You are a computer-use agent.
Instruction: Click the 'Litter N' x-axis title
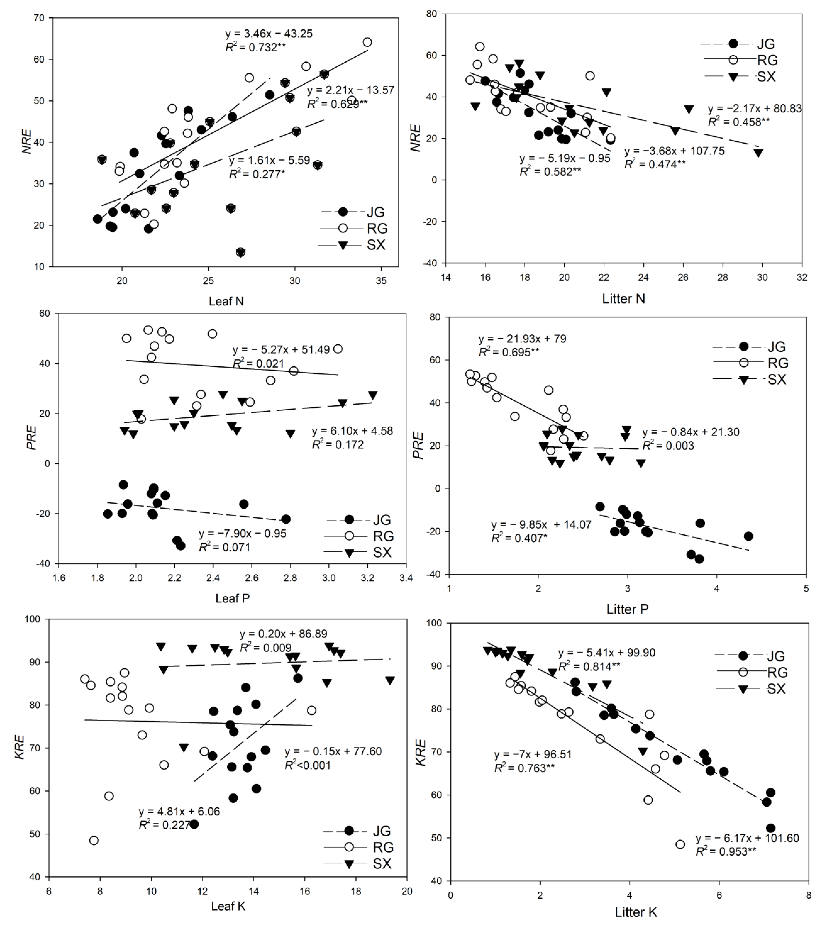[x=623, y=299]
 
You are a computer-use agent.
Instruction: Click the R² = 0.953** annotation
[x=726, y=852]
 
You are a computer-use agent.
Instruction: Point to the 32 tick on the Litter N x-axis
[x=801, y=277]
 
